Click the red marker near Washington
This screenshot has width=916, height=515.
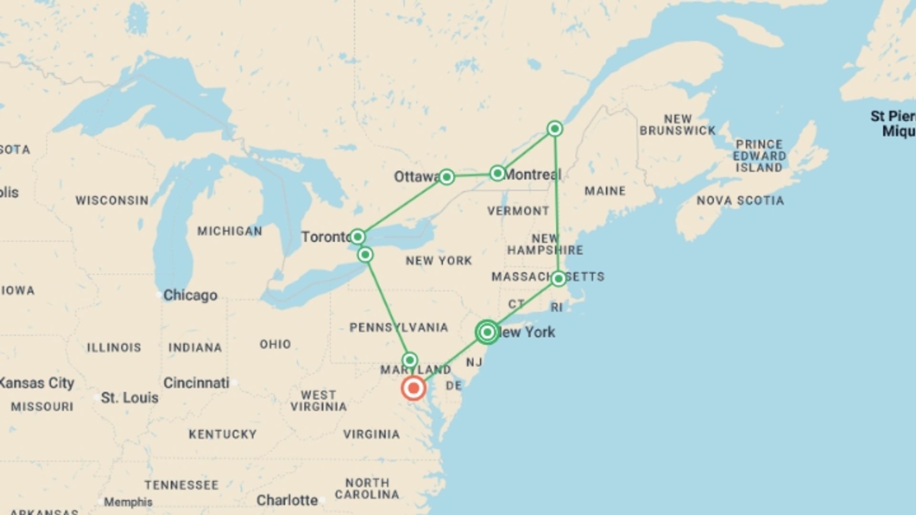(413, 388)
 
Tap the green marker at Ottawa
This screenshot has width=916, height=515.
(446, 177)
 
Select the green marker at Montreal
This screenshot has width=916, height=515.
(497, 173)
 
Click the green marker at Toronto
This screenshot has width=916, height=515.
(357, 237)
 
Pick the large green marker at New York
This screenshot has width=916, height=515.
(487, 332)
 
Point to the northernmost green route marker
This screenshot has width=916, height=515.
(554, 128)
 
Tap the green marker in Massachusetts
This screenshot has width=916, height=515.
(558, 278)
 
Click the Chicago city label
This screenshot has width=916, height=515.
(190, 295)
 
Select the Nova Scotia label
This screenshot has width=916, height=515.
(740, 201)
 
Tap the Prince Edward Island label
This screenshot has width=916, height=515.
(760, 156)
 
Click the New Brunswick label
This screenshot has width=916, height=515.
(677, 124)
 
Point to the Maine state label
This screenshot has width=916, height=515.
(605, 191)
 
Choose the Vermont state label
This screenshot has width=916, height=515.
(518, 211)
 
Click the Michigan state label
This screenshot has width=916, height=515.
(229, 231)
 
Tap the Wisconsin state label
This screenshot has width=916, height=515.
(112, 200)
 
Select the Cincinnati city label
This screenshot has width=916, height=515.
(196, 383)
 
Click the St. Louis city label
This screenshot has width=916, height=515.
(129, 398)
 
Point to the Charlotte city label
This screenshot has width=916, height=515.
(287, 500)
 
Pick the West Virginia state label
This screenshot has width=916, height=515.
(318, 401)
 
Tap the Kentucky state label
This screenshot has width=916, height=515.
(223, 434)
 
